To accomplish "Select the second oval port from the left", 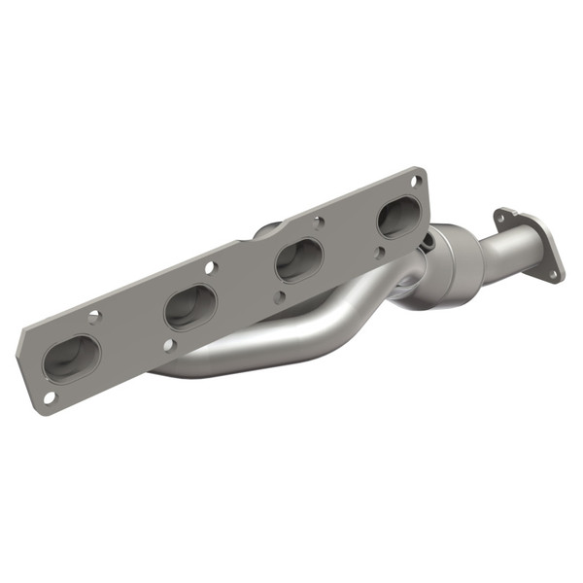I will click(x=189, y=307).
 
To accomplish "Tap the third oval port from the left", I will click(x=298, y=260).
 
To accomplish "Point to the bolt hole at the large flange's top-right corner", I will click(x=416, y=181).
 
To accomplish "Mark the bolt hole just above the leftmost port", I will click(x=94, y=317).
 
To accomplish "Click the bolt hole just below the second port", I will click(x=168, y=345).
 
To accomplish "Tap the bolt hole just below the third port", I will click(x=280, y=298).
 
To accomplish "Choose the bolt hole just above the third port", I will click(x=318, y=222).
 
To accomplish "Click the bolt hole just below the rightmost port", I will click(x=381, y=255).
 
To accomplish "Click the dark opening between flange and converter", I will click(x=416, y=283).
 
